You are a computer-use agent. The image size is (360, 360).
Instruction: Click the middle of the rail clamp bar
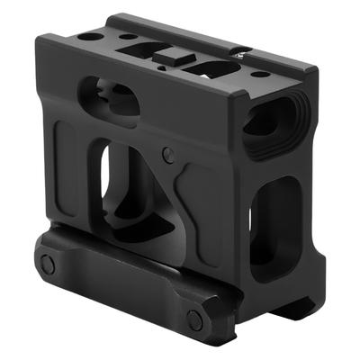click(x=121, y=290)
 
